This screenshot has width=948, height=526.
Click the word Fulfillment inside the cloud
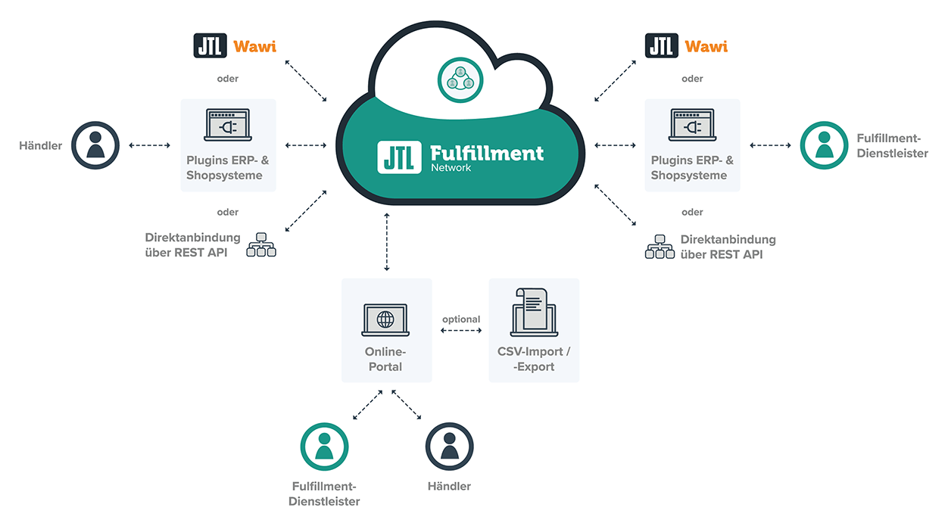(x=486, y=152)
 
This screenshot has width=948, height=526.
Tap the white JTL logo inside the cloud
(x=399, y=156)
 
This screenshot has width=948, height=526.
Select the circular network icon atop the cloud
(x=460, y=78)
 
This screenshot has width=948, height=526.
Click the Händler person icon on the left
(x=95, y=145)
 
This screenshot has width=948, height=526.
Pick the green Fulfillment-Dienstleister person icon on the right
(x=824, y=145)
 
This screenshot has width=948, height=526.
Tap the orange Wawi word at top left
(x=254, y=47)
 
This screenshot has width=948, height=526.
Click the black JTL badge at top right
(x=661, y=45)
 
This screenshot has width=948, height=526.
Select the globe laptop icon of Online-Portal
(x=385, y=319)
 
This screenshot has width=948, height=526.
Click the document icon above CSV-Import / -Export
(x=533, y=312)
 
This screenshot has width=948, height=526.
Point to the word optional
(x=461, y=319)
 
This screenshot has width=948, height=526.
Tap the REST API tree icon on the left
(x=261, y=245)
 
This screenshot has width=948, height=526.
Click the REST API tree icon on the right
(x=660, y=246)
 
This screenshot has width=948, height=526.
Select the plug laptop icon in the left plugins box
(x=228, y=126)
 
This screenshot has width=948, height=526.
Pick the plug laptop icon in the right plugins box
(x=692, y=126)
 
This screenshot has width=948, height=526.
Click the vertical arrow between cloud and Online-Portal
(x=387, y=242)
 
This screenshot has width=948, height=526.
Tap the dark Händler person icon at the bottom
(x=449, y=447)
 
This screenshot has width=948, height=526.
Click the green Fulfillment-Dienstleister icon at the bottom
(x=324, y=447)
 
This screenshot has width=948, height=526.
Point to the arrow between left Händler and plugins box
(x=149, y=145)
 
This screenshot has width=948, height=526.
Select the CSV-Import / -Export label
(x=533, y=359)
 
